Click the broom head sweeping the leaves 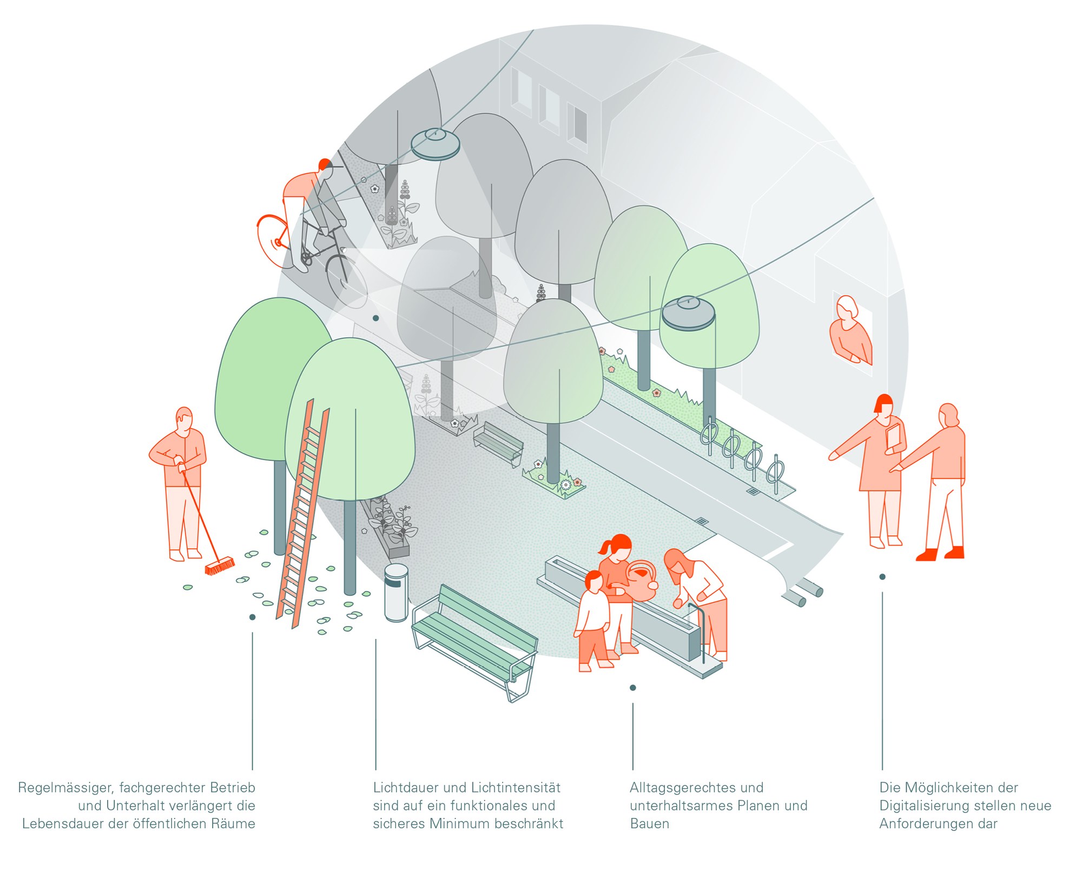pyautogui.click(x=220, y=566)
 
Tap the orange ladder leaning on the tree pyautogui.click(x=303, y=514)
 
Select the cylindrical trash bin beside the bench pyautogui.click(x=396, y=593)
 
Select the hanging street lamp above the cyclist pyautogui.click(x=435, y=144)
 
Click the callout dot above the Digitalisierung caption pyautogui.click(x=882, y=577)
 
